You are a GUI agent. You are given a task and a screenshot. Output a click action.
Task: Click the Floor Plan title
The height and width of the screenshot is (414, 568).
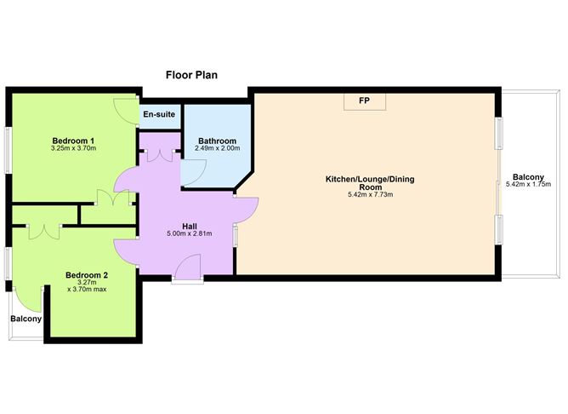[x=191, y=75]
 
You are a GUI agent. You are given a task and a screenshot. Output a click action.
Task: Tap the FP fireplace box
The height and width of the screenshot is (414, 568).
[x=364, y=101]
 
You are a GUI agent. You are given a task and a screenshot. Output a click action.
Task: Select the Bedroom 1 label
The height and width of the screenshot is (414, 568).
[x=73, y=140]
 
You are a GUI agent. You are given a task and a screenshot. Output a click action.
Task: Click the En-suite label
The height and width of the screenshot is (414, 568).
[x=158, y=114]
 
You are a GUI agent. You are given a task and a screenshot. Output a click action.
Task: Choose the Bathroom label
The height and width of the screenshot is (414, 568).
[x=218, y=140]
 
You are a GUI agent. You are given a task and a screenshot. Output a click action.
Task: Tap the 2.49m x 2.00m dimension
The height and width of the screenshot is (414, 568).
[x=218, y=148]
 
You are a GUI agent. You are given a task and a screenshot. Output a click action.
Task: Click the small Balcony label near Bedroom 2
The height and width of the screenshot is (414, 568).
[x=26, y=319]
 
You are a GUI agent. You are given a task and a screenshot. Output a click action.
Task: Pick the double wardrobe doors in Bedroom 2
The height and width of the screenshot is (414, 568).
[x=41, y=231]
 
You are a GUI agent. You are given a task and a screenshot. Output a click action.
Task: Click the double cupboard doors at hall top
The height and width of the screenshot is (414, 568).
[x=161, y=155]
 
